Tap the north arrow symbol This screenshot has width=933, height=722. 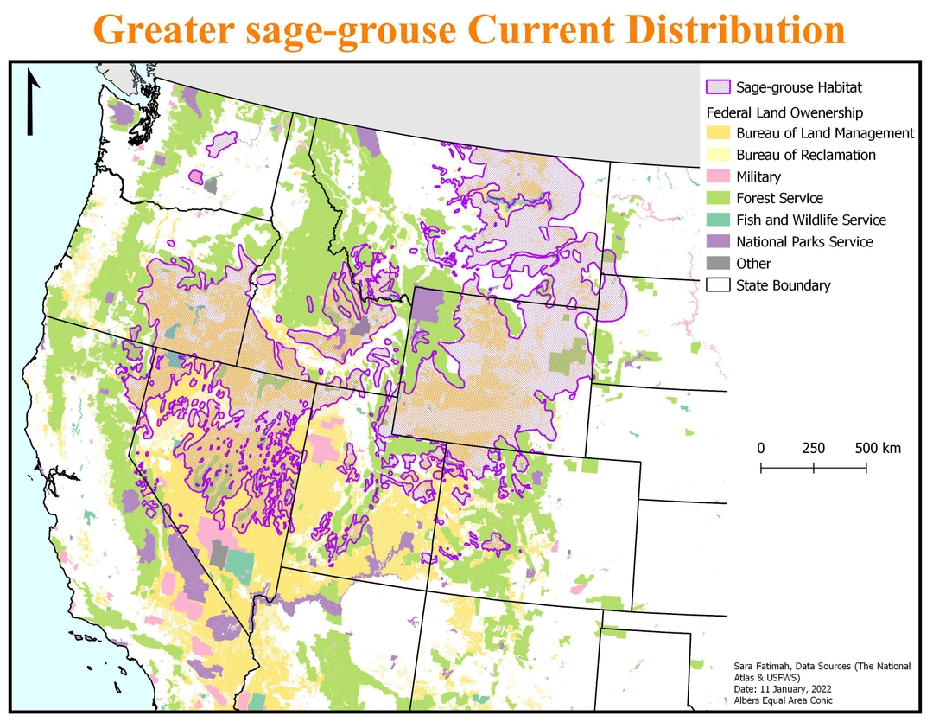[x=32, y=103]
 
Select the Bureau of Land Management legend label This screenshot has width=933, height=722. [x=825, y=133]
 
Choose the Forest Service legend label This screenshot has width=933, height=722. [x=779, y=198]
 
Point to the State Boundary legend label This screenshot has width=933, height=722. [x=783, y=285]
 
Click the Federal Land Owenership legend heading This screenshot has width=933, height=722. [x=784, y=112]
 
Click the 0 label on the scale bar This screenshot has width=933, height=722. [x=761, y=448]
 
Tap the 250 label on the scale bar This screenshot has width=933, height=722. [x=813, y=448]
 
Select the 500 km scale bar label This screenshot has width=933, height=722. [x=878, y=448]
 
